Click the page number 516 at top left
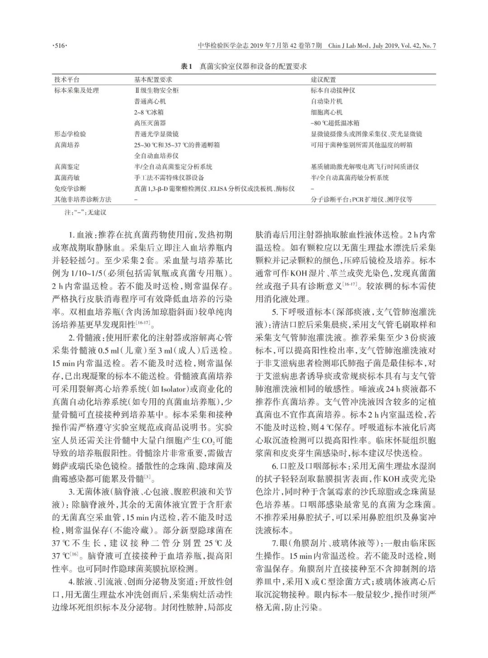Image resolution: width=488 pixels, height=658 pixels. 60,46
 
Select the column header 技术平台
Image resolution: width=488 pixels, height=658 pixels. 67,80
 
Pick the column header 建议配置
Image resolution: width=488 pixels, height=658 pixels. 323,80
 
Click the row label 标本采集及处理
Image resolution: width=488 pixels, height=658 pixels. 76,90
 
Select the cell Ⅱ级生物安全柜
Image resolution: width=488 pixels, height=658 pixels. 154,90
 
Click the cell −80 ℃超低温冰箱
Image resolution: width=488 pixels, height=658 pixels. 333,123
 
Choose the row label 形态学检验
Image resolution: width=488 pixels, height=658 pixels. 70,134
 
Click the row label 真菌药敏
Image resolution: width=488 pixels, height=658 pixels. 67,178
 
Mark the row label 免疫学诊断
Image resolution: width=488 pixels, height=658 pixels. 70,189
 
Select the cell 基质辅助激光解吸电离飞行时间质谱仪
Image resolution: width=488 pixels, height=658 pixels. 365,167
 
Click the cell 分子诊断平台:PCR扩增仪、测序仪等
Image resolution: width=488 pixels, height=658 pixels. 361,199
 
